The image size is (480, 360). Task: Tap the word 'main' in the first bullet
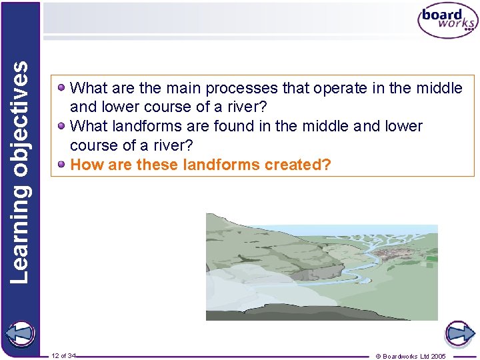(183, 89)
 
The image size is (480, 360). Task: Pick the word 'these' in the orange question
(157, 165)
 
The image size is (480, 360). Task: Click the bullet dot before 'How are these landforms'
(61, 164)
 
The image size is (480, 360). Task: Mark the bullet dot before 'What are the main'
(61, 88)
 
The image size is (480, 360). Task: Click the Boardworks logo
(447, 21)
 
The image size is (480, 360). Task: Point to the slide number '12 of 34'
(64, 356)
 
